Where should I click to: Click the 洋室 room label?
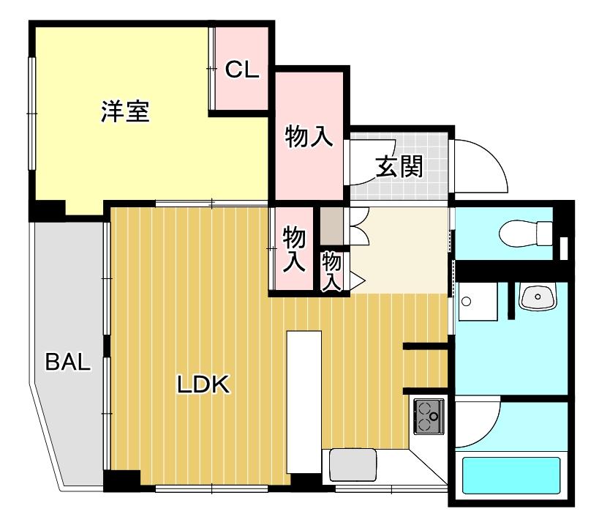tap(125, 113)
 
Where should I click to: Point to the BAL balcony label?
tap(68, 362)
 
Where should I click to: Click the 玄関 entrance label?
tap(399, 167)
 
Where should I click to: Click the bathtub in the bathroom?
tap(511, 477)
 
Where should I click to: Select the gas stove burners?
tap(429, 417)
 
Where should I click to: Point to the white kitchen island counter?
tap(304, 402)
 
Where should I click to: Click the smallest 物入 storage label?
tap(332, 271)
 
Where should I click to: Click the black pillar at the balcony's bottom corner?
tap(121, 481)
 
